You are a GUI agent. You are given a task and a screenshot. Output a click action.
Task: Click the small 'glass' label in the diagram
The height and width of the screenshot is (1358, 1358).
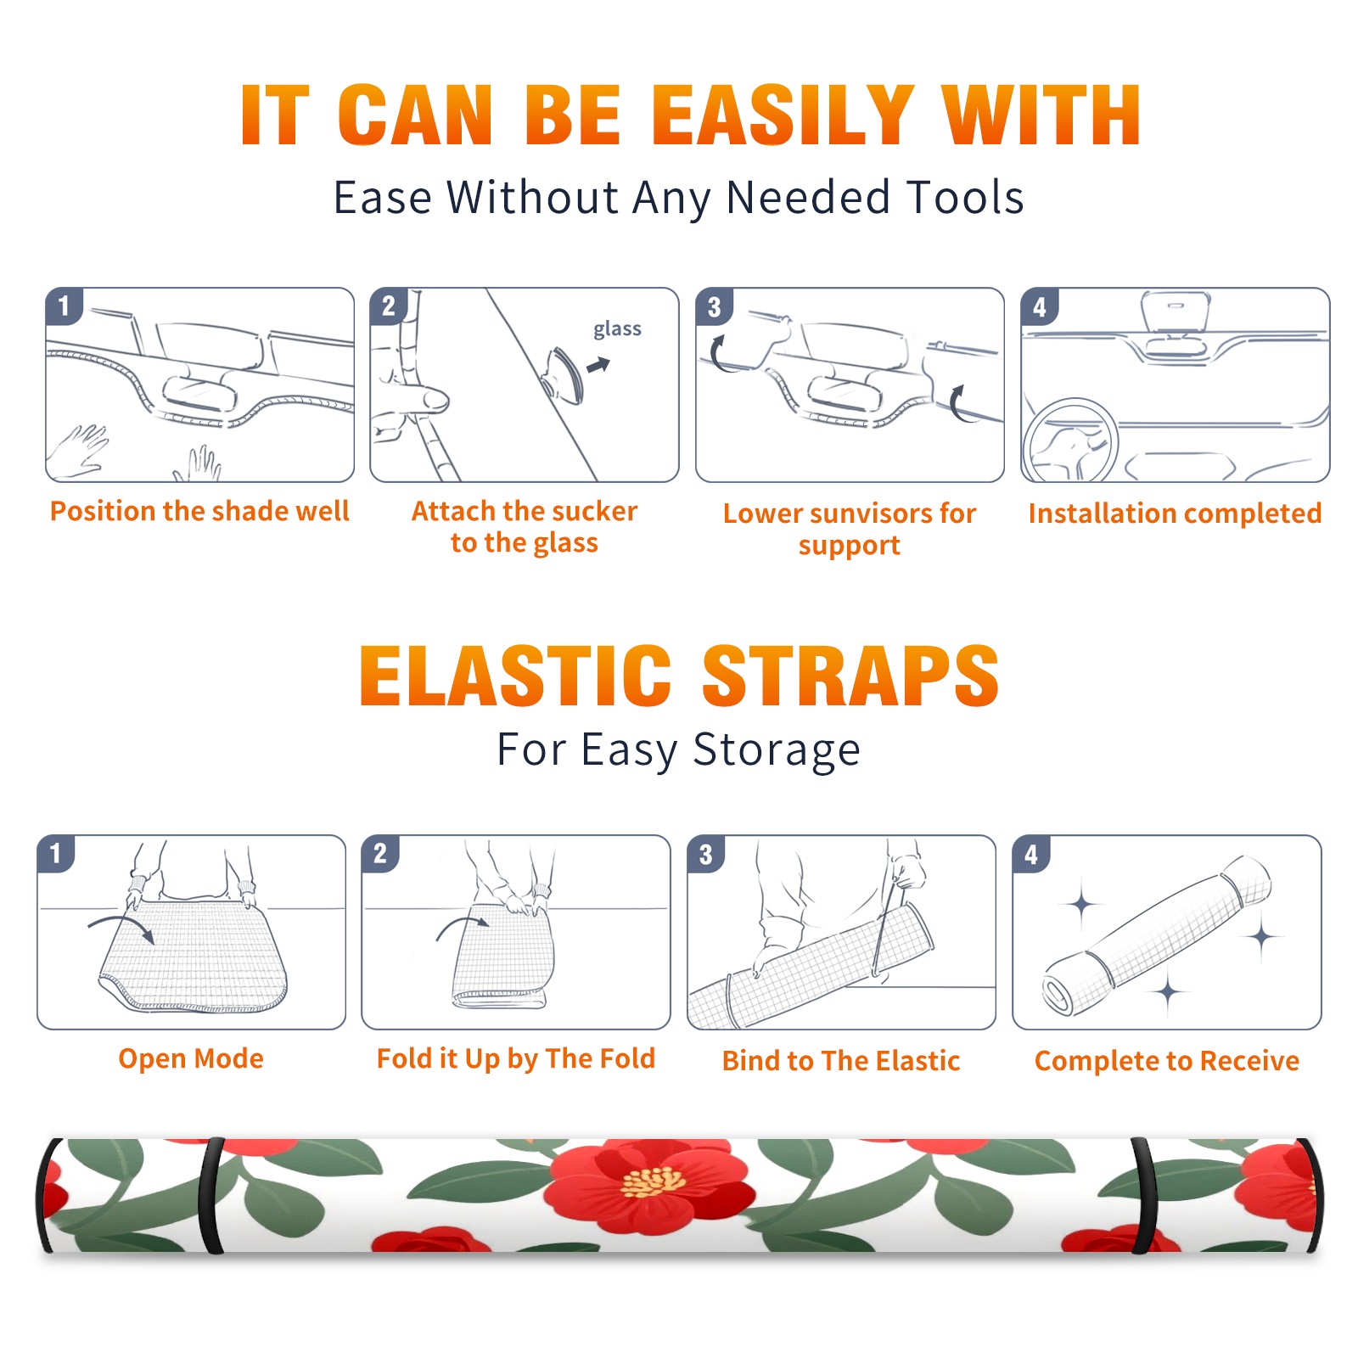[617, 329]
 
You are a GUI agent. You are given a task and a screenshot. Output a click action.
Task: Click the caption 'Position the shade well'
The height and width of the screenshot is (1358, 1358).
[199, 511]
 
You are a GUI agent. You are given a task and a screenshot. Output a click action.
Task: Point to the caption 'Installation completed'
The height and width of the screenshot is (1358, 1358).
[1175, 513]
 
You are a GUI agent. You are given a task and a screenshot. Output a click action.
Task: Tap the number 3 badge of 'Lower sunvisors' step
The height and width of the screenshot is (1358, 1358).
[714, 306]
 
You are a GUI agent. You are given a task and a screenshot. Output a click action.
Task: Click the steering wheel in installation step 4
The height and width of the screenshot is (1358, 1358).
[1071, 441]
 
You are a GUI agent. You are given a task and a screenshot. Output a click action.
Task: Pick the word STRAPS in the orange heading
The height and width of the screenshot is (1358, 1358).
[850, 676]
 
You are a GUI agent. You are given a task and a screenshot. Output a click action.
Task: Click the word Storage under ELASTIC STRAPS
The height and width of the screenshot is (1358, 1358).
[777, 750]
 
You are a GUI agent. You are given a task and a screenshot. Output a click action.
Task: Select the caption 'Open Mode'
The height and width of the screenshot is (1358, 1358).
[191, 1058]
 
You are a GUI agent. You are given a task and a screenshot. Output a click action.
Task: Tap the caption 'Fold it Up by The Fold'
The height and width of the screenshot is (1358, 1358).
[516, 1058]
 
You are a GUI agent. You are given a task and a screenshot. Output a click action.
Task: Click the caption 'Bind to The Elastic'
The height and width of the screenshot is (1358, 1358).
[841, 1061]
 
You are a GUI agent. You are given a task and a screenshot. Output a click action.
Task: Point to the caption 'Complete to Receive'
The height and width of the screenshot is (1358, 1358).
[1167, 1061]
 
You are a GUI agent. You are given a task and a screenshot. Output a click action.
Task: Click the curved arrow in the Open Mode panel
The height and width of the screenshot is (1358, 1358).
[121, 921]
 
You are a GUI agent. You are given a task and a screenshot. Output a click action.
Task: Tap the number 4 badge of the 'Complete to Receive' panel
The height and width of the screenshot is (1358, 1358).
[1031, 854]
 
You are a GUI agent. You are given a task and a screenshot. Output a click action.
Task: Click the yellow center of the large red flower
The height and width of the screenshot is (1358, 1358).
[653, 1181]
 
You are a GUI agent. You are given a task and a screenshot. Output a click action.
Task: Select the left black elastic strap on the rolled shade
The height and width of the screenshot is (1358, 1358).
[212, 1196]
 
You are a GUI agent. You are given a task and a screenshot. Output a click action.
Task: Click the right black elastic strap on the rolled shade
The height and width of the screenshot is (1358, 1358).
[1144, 1196]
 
